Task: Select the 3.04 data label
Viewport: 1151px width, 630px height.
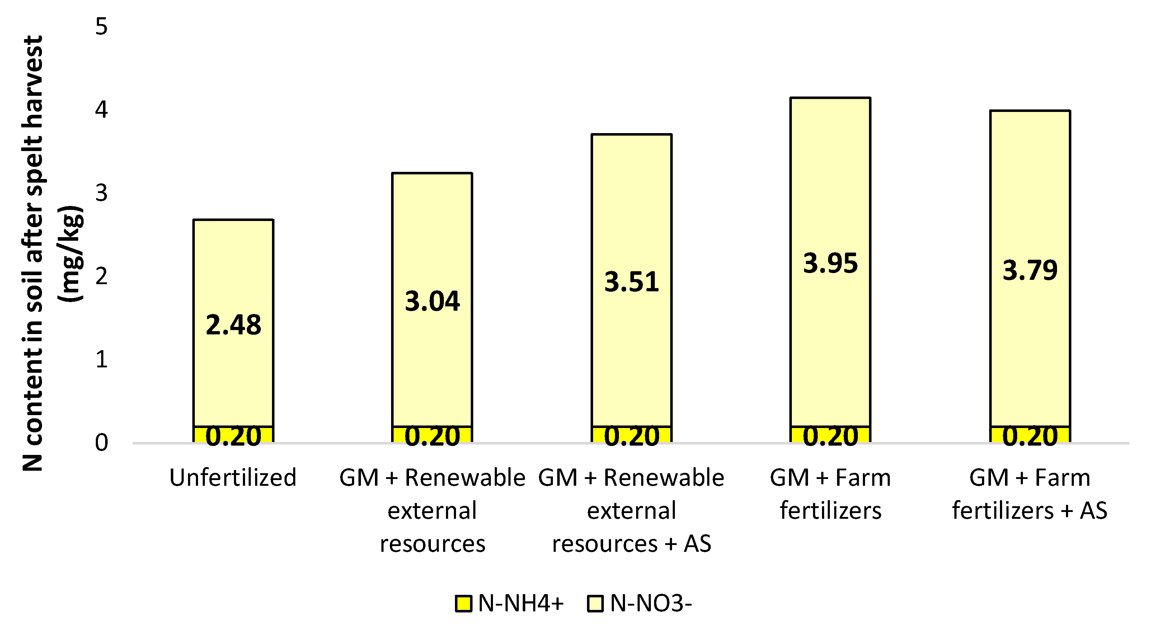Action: click(432, 301)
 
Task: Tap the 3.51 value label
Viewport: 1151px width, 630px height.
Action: click(631, 282)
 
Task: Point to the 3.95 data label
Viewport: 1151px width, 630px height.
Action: click(830, 263)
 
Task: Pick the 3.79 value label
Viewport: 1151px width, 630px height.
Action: click(1030, 270)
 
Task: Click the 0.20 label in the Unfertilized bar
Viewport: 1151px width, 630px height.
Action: click(233, 436)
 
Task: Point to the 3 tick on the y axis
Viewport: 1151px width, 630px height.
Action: click(102, 193)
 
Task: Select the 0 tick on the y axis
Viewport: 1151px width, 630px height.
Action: click(102, 443)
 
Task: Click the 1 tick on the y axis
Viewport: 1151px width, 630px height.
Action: click(102, 359)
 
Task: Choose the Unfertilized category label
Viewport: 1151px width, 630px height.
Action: click(233, 478)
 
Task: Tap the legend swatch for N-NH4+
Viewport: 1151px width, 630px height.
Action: click(463, 604)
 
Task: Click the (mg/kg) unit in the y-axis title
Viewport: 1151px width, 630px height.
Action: click(71, 253)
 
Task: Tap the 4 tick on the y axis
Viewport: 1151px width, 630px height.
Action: click(102, 110)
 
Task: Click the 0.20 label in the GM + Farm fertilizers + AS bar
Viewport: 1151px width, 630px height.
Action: click(1030, 436)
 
